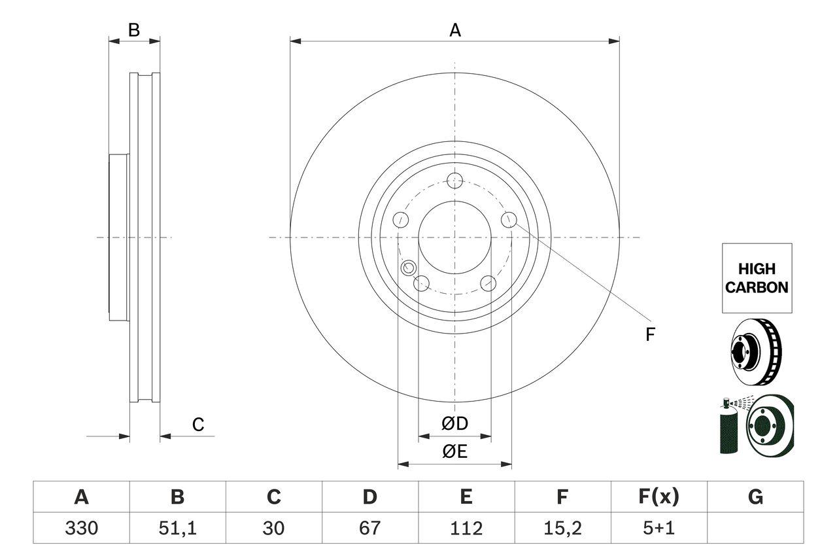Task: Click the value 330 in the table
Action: tap(81, 528)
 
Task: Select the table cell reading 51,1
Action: tap(177, 528)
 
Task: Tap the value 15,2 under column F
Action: tap(562, 528)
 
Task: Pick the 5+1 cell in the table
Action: tap(658, 528)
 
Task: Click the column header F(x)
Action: tap(658, 497)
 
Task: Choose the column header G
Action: tap(755, 497)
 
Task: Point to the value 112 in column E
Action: tap(466, 528)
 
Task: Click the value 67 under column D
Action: tap(369, 528)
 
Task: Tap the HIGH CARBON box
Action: tap(757, 278)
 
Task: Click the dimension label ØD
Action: tap(455, 424)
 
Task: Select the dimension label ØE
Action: tap(455, 452)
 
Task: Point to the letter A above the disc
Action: tap(455, 30)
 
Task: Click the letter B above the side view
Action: tap(134, 30)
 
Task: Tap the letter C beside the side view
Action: tap(198, 425)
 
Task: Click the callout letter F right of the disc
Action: tap(650, 335)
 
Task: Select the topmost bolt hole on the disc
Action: tap(455, 181)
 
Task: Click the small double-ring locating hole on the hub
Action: tap(409, 267)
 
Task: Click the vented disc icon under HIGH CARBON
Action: tap(755, 351)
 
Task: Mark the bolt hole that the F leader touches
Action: tap(509, 220)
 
